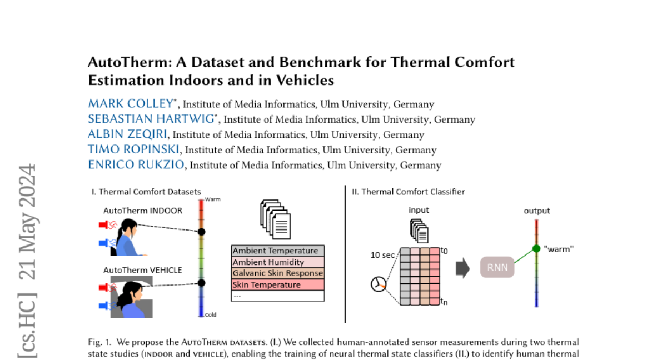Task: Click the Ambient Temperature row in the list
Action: pyautogui.click(x=276, y=251)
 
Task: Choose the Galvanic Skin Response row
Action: pyautogui.click(x=277, y=273)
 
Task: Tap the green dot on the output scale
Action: pyautogui.click(x=536, y=248)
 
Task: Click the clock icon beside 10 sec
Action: pyautogui.click(x=378, y=284)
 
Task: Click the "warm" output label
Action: pyautogui.click(x=559, y=249)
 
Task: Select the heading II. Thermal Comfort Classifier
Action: pyautogui.click(x=408, y=192)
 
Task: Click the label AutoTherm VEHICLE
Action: pyautogui.click(x=142, y=270)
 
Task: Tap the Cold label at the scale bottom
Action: pyautogui.click(x=210, y=315)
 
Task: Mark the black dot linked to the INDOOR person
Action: pyautogui.click(x=202, y=232)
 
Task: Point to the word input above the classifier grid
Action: pyautogui.click(x=419, y=210)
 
